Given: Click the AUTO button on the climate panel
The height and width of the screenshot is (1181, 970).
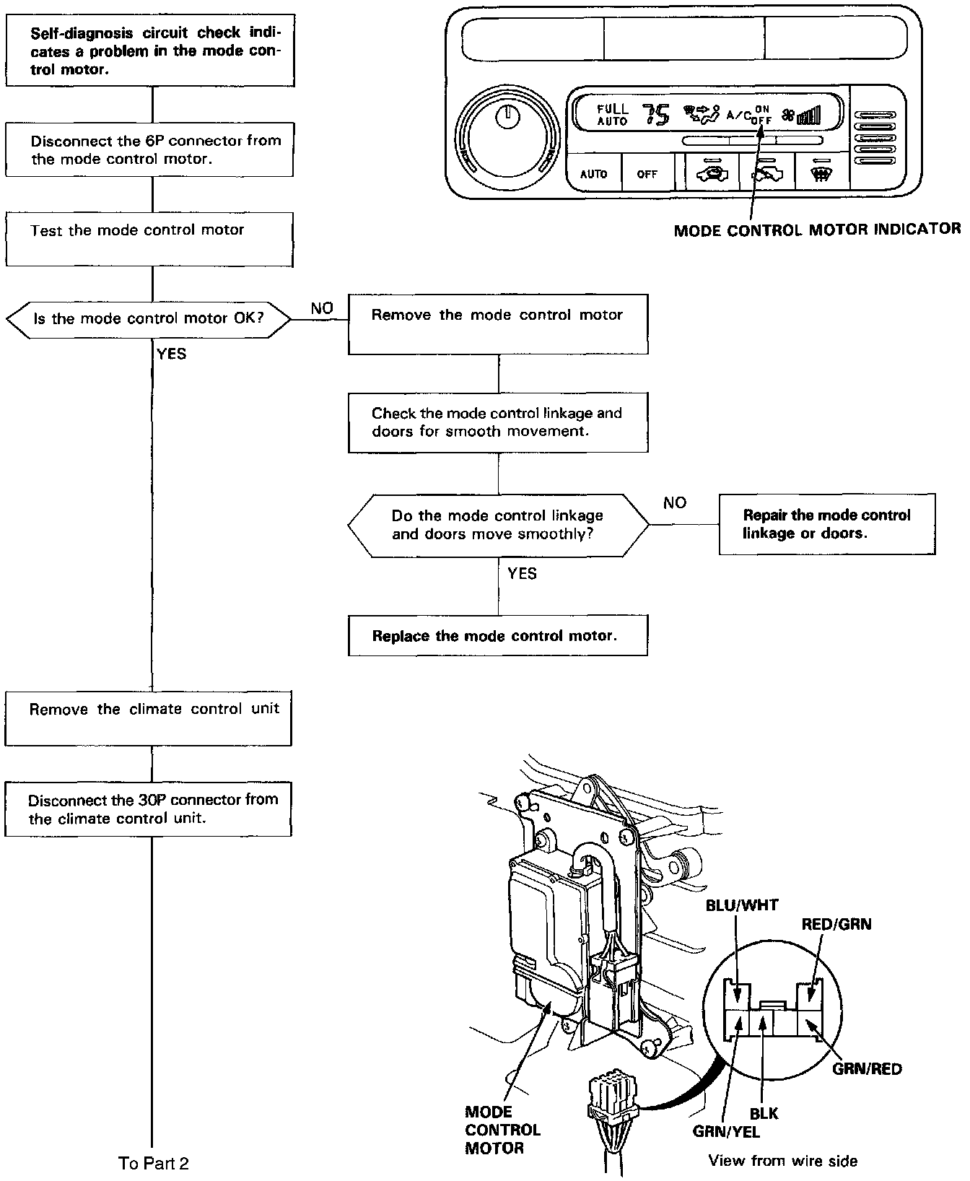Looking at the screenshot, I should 594,174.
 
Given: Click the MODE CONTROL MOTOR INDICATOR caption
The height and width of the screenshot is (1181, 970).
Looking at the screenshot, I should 817,230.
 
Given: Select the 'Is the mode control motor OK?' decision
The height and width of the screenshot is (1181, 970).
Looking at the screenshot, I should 149,318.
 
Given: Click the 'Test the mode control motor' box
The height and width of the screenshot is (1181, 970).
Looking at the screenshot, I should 149,240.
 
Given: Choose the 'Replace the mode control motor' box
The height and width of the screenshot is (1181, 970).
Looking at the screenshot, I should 498,636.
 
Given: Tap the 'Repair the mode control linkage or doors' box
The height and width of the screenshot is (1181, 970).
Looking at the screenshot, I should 827,525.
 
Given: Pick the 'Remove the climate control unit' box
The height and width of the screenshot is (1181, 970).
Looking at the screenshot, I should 149,718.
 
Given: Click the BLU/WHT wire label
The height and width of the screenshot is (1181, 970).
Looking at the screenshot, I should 742,905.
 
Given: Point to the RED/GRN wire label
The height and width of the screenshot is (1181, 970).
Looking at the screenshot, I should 836,924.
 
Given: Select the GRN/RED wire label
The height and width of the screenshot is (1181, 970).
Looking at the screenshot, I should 867,1068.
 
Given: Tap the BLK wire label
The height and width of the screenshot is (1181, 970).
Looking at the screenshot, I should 764,1114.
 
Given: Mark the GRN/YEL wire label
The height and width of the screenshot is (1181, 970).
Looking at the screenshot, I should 726,1132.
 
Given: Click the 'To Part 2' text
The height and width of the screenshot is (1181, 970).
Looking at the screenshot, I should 154,1163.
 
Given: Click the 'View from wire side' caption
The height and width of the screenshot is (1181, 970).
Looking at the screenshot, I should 783,1161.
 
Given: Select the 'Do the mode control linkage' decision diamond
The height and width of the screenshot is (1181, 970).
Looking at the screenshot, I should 498,525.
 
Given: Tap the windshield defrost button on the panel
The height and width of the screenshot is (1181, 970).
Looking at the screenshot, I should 821,173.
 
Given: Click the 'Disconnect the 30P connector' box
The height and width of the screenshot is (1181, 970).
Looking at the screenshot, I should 149,809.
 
